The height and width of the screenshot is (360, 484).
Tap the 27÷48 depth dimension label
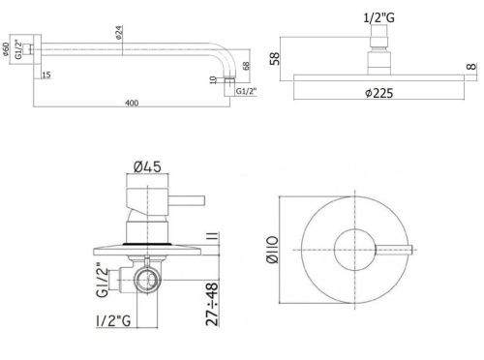click(x=211, y=300)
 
